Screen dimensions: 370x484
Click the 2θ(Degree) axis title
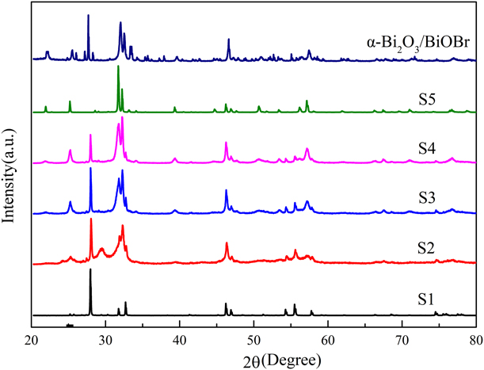pos(253,358)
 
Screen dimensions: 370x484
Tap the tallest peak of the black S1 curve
pos(90,270)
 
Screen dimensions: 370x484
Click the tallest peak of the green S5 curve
pos(118,67)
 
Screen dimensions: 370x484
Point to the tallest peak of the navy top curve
pos(88,15)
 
